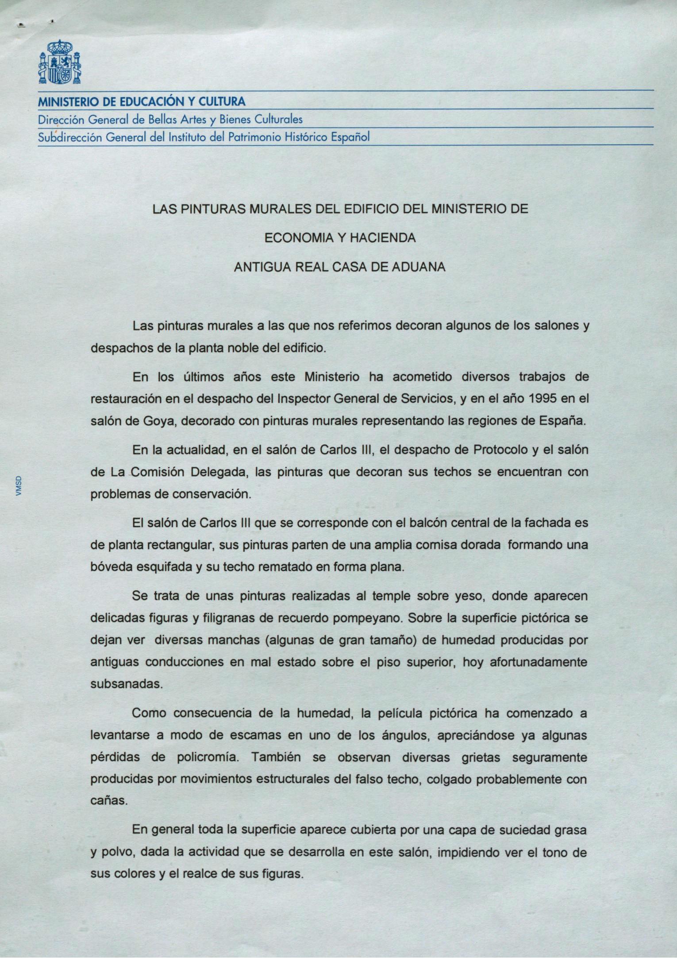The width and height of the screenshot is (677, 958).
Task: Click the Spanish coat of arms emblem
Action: pos(59,62)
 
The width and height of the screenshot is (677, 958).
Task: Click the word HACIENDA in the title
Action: pos(382,238)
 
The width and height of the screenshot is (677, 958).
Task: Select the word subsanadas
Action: pos(126,684)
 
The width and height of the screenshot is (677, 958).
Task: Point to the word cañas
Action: pos(108,801)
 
